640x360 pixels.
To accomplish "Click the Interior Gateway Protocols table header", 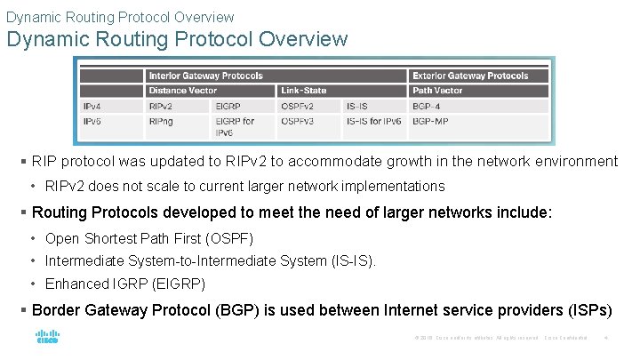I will (205, 76).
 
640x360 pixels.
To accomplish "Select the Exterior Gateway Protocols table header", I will (469, 76).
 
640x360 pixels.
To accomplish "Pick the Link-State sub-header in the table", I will (303, 91).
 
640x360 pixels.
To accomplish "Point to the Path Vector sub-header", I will (437, 91).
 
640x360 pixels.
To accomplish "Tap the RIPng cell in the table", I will (162, 121).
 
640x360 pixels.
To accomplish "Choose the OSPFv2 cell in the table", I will (299, 106).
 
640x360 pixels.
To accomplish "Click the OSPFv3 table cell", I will (299, 121).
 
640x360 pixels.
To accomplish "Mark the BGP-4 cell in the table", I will (428, 106).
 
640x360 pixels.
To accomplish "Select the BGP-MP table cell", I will (430, 121).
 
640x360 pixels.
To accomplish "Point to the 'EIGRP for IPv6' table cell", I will (235, 126).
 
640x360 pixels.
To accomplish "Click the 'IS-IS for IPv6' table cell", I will (373, 121).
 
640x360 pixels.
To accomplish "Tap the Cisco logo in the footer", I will (47, 338).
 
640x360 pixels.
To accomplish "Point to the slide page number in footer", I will (605, 338).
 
